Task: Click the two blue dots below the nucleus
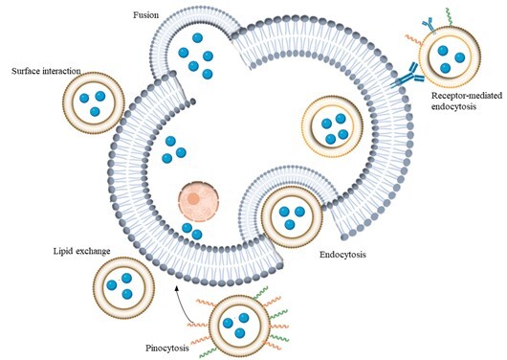coord(191,232)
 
